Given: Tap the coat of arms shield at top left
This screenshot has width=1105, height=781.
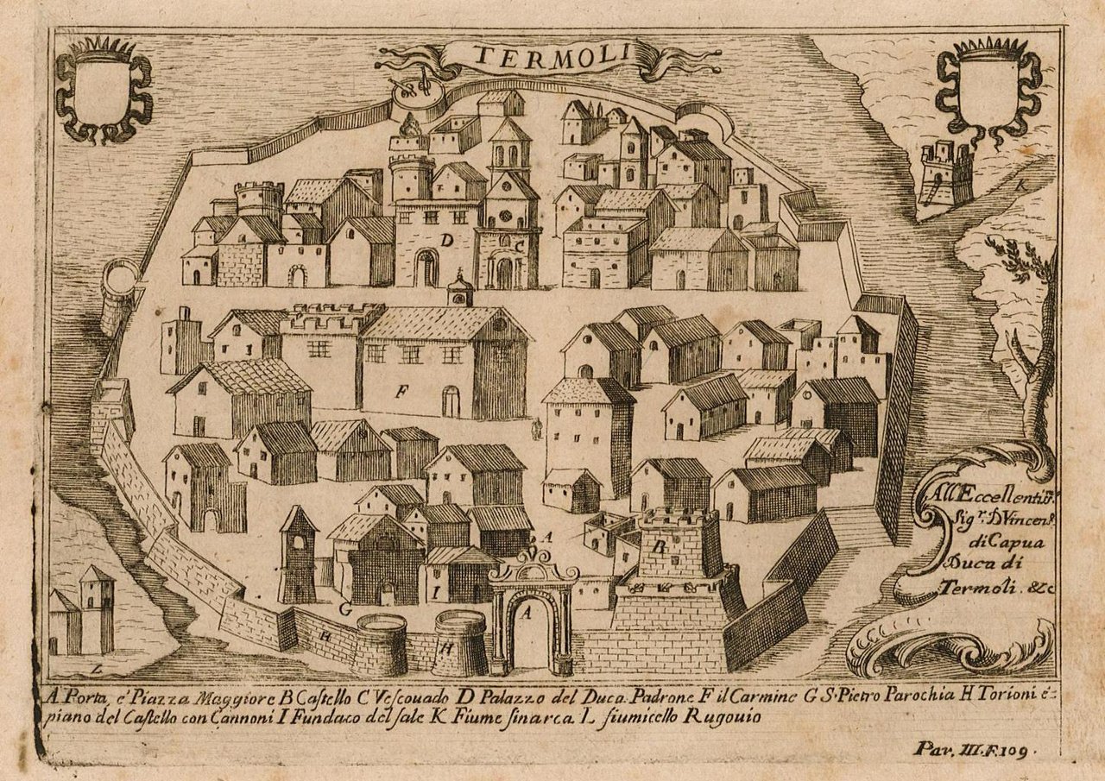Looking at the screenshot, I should pyautogui.click(x=103, y=91).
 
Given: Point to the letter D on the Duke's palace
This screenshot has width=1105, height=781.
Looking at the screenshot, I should pyautogui.click(x=445, y=242).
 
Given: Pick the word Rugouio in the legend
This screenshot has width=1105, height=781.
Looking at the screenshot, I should pyautogui.click(x=713, y=715).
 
